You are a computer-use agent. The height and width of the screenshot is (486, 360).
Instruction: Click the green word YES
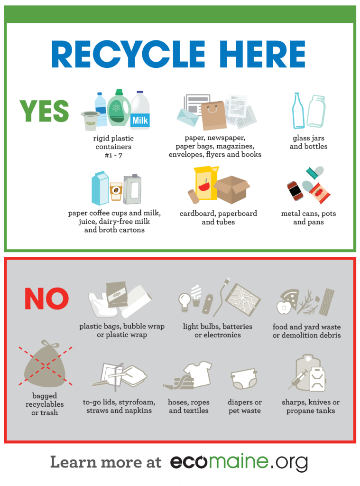pyautogui.click(x=44, y=111)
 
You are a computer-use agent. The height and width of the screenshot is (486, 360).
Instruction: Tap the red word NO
pyautogui.click(x=46, y=298)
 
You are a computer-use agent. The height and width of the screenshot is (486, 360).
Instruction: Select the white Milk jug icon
pyautogui.click(x=140, y=110)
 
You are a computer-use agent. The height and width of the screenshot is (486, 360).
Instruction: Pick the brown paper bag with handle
pyautogui.click(x=214, y=115)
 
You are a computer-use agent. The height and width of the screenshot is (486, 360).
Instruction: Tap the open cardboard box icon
pyautogui.click(x=232, y=189)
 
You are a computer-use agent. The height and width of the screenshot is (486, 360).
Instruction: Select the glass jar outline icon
pyautogui.click(x=316, y=111)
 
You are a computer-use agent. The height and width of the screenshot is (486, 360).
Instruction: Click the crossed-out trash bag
pyautogui.click(x=45, y=364)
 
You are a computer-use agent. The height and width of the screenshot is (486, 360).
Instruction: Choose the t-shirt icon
pyautogui.click(x=198, y=373)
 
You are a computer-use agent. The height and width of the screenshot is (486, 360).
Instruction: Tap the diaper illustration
pyautogui.click(x=244, y=379)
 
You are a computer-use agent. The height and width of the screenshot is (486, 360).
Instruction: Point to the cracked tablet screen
pyautogui.click(x=243, y=300)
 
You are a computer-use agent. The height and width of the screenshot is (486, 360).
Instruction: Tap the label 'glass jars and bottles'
pyautogui.click(x=309, y=142)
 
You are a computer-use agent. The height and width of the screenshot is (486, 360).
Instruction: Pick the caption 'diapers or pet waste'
pyautogui.click(x=245, y=406)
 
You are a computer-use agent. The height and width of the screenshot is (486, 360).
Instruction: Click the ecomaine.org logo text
pyautogui.click(x=239, y=462)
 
